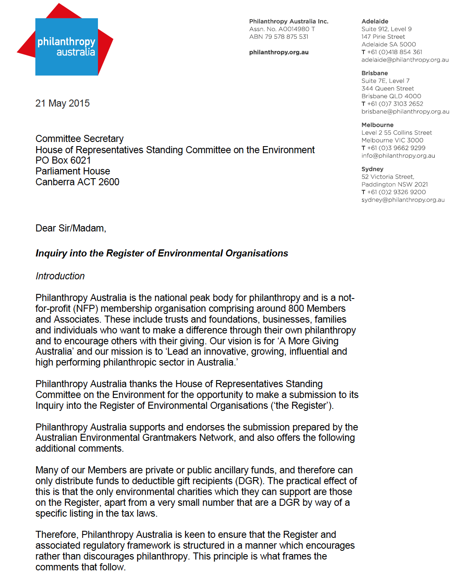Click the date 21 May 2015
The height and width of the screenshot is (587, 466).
63,103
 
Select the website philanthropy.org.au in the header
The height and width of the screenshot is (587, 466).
279,52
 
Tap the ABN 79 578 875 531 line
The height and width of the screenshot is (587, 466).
279,37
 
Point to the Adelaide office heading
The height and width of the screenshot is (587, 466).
375,21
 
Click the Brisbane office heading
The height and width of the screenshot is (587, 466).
374,73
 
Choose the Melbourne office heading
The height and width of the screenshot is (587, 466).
377,125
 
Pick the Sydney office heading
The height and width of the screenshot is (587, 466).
372,169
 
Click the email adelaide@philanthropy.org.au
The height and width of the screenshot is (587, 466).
405,60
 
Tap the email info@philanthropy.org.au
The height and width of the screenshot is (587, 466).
398,156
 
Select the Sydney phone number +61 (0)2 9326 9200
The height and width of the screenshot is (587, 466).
396,192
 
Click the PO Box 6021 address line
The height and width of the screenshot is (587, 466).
63,160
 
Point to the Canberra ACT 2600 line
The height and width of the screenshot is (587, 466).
77,182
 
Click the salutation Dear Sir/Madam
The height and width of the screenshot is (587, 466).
70,228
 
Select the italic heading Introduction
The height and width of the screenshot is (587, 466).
60,276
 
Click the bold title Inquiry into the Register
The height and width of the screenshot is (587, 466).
162,253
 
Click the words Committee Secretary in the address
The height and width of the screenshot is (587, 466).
79,139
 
